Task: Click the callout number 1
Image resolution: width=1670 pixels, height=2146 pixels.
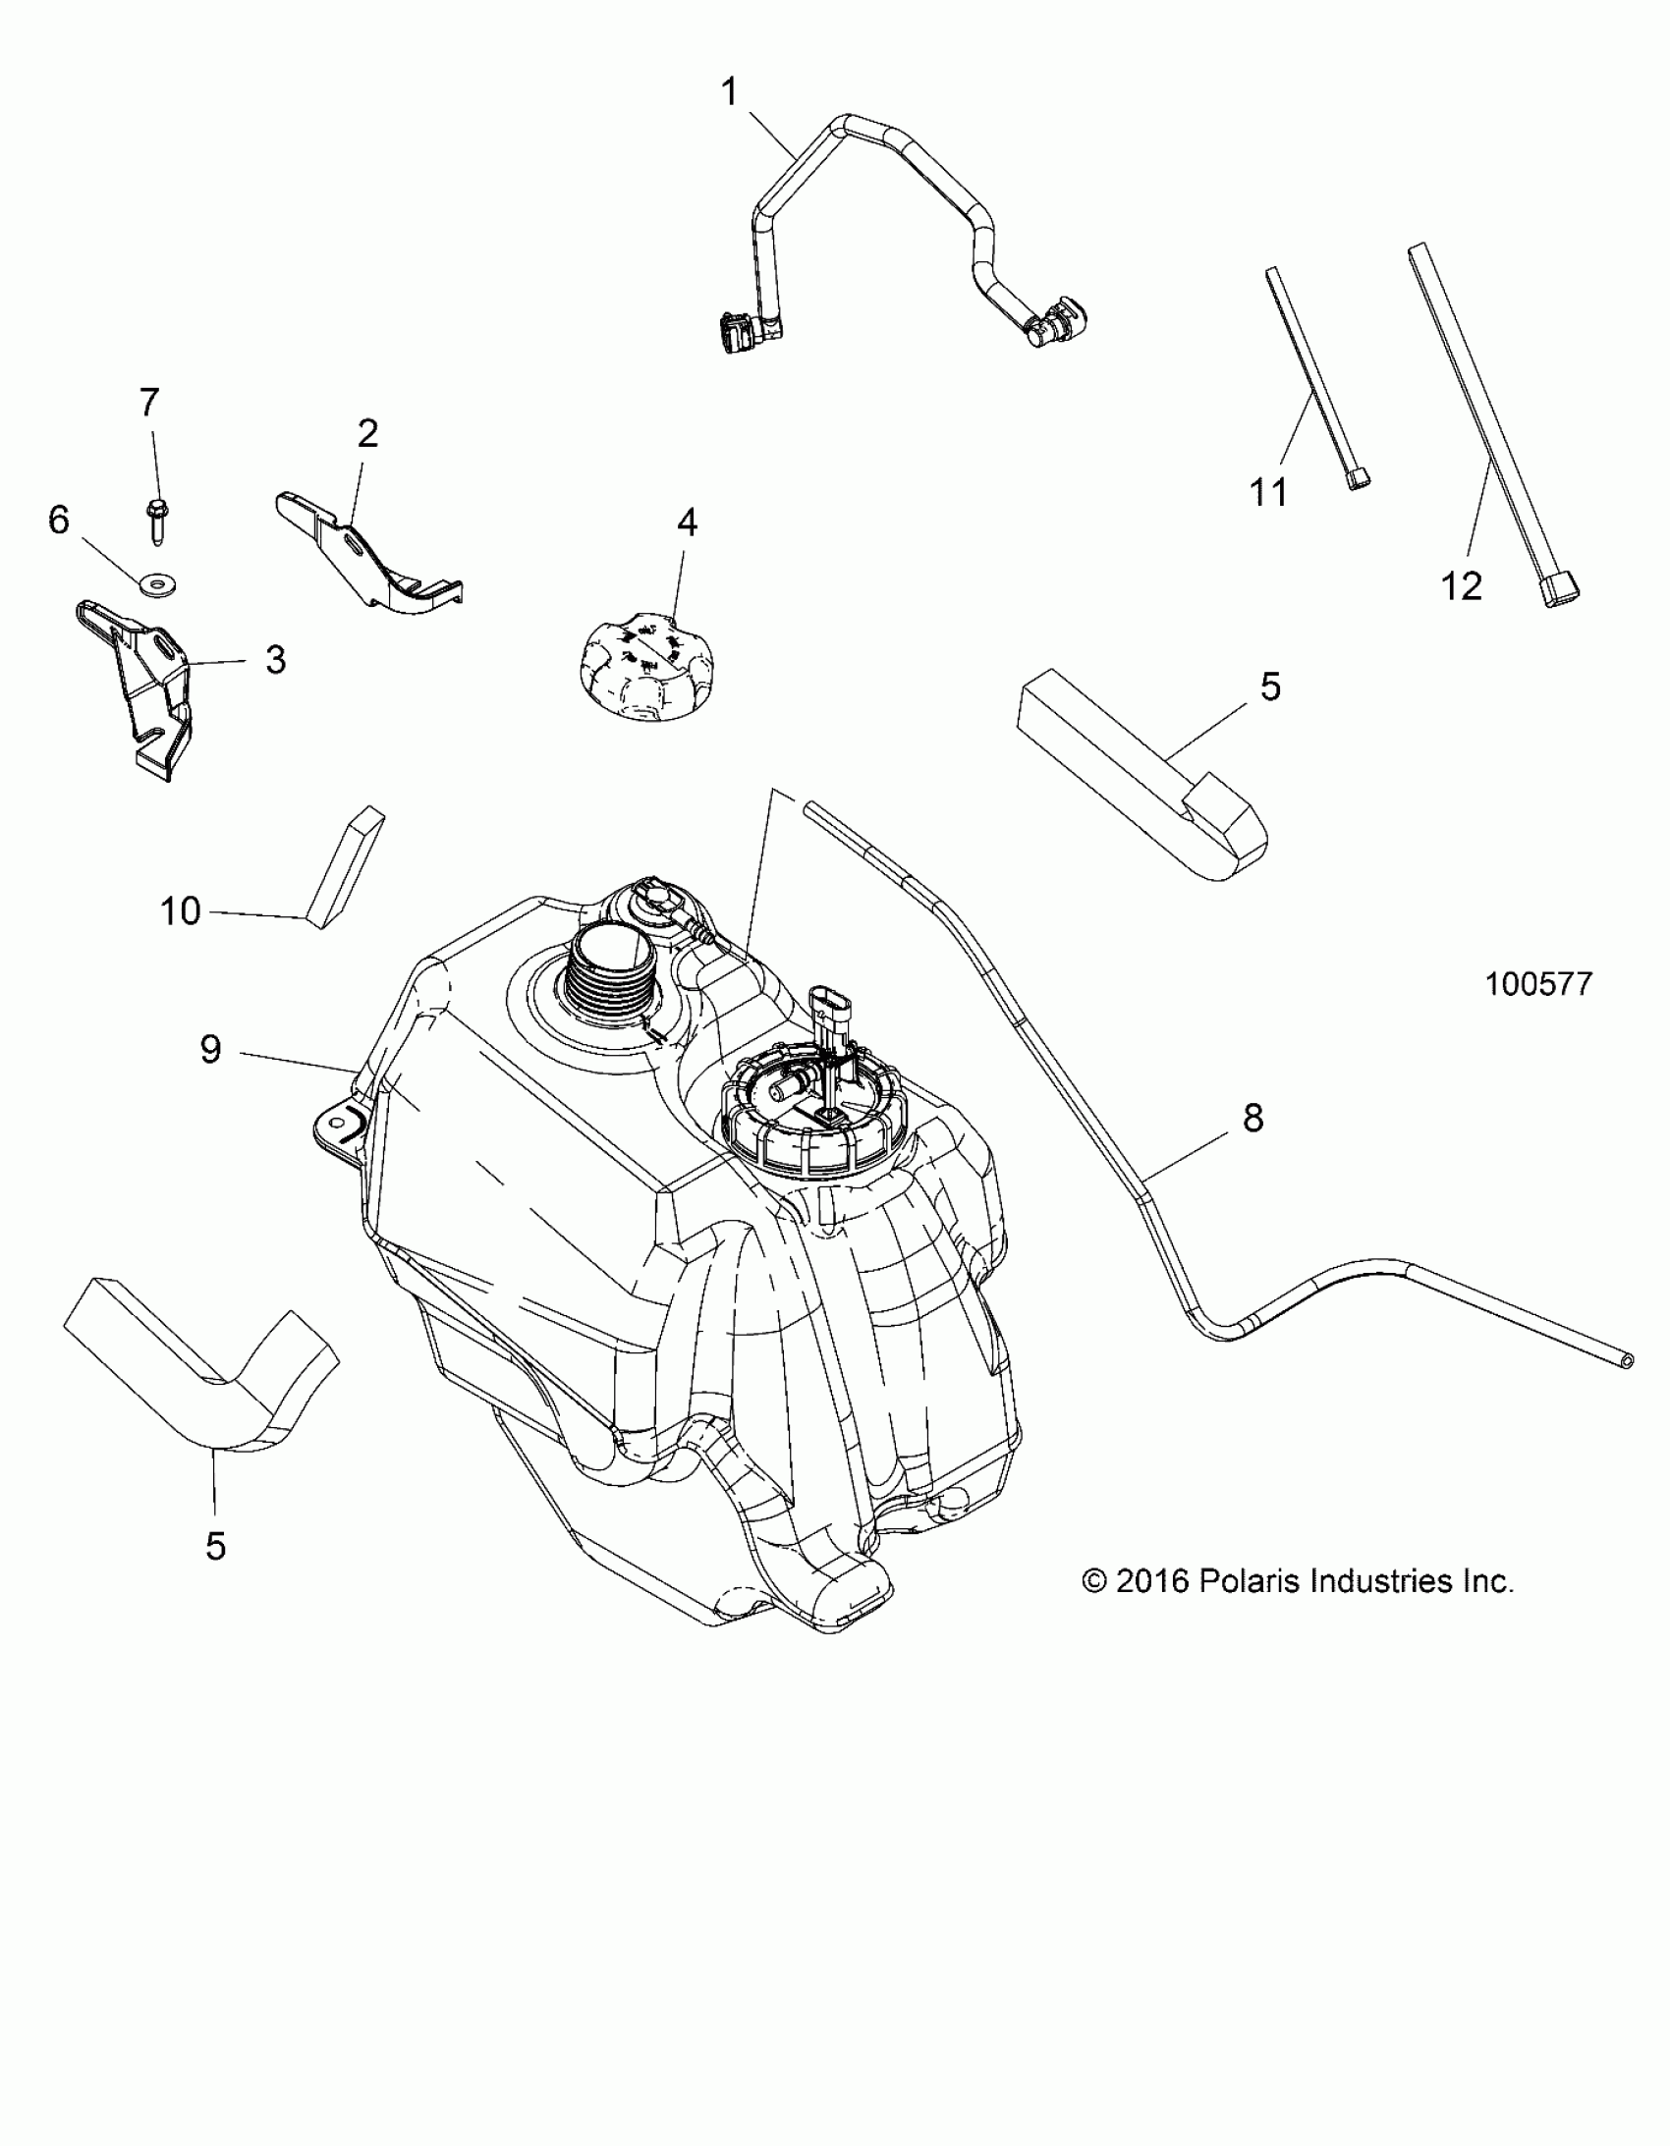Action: [728, 92]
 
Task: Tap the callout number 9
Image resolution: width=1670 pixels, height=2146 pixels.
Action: [211, 1049]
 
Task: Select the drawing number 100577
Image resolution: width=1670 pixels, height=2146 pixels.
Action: [1538, 983]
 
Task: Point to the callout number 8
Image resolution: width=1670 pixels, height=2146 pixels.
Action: [1253, 1118]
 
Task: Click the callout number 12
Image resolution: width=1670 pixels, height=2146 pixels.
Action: [1461, 586]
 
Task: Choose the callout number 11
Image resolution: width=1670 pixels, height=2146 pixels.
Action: [1268, 491]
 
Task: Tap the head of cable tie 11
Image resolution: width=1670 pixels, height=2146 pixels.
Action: [1358, 478]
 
